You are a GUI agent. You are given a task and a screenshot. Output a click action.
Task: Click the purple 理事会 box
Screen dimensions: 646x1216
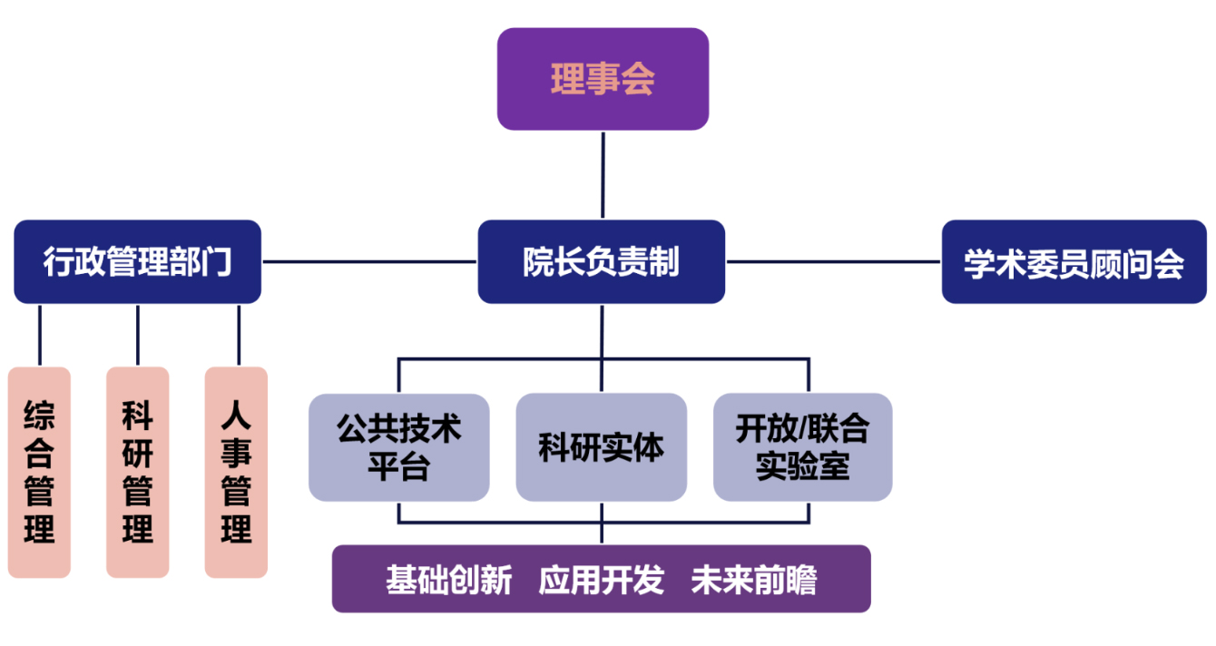point(603,79)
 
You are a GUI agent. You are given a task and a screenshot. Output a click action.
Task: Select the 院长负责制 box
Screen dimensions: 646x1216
point(602,262)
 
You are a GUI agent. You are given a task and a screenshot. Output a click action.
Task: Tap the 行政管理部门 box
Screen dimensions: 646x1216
point(138,262)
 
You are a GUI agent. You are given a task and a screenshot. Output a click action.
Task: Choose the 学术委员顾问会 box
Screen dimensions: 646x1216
point(1074,262)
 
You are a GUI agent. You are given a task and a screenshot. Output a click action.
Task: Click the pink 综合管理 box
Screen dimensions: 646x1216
point(39,472)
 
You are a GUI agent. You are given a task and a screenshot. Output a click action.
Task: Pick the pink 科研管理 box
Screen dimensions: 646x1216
point(138,472)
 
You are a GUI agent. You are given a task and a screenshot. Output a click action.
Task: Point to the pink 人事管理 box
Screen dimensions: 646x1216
point(236,472)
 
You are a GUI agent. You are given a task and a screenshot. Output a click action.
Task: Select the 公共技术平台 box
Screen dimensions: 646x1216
point(399,446)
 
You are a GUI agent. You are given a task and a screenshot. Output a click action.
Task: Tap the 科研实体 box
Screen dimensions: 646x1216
point(602,446)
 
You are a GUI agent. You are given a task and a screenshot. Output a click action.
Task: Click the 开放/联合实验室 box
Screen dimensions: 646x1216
point(803,446)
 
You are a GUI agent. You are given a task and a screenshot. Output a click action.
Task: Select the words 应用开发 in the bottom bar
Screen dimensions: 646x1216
point(602,580)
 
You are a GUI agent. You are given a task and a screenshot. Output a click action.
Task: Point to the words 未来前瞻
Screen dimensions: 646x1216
point(754,580)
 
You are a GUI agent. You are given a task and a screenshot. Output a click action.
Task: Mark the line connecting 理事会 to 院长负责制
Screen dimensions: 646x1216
point(603,175)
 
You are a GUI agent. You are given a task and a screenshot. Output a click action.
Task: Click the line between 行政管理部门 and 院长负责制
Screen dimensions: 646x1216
point(369,262)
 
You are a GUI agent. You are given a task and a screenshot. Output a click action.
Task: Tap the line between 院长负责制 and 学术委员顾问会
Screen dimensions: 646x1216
point(833,262)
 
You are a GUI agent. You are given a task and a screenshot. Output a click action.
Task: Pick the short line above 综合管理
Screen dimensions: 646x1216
point(40,335)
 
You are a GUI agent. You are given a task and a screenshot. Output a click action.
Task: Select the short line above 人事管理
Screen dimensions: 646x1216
point(239,335)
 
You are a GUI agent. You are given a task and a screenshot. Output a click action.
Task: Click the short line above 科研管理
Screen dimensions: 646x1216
point(138,335)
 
